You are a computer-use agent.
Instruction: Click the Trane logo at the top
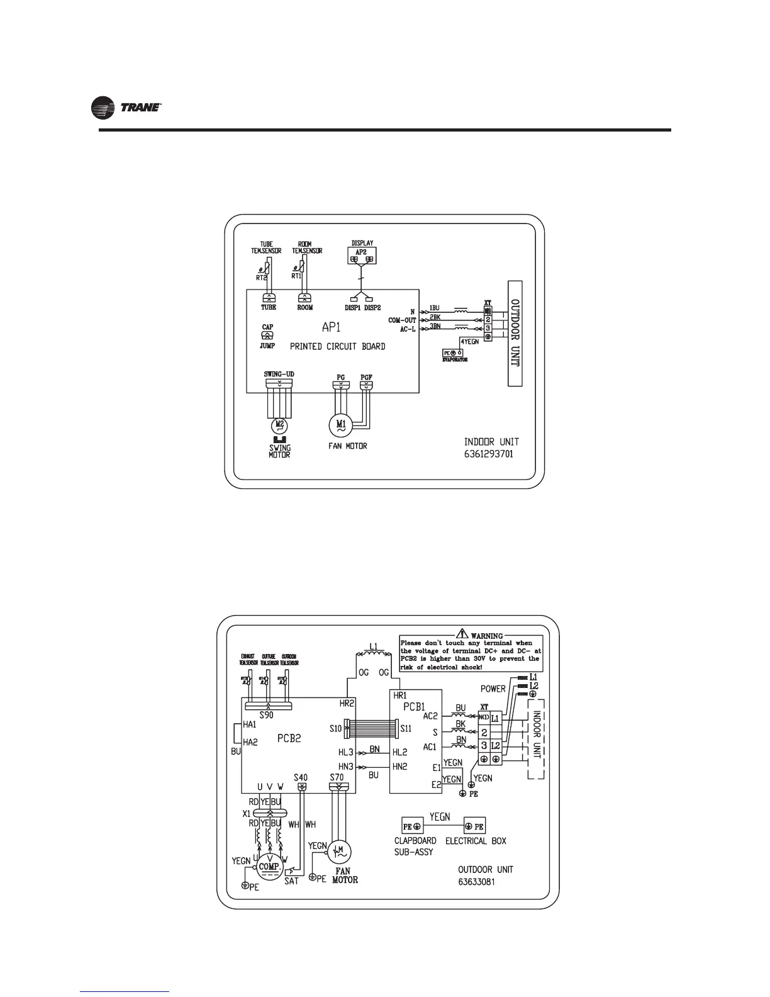coord(128,110)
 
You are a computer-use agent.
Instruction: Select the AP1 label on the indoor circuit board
coord(332,328)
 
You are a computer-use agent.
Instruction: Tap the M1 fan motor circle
coord(341,424)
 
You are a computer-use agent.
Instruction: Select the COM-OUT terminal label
coord(403,320)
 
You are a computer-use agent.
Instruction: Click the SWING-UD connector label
coord(279,375)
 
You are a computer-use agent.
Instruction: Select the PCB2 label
coord(289,738)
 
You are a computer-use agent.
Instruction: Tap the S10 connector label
coord(335,728)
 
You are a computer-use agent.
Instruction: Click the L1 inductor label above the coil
coord(373,646)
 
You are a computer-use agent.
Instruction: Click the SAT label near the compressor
coord(291,881)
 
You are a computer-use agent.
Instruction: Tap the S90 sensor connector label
coord(267,715)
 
